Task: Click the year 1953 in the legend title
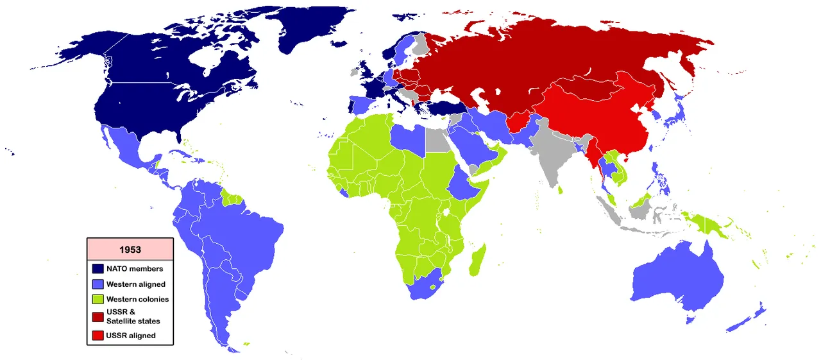[x=130, y=249]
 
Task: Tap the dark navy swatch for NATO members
[x=98, y=269]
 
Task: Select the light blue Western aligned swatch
[x=98, y=284]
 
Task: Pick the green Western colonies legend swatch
[x=98, y=300]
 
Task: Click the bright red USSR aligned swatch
[x=98, y=335]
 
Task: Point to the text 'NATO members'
[x=135, y=269]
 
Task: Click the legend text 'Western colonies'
[x=137, y=300]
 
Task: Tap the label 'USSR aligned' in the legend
[x=131, y=335]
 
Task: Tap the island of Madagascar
[x=477, y=259]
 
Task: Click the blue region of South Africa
[x=424, y=289]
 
